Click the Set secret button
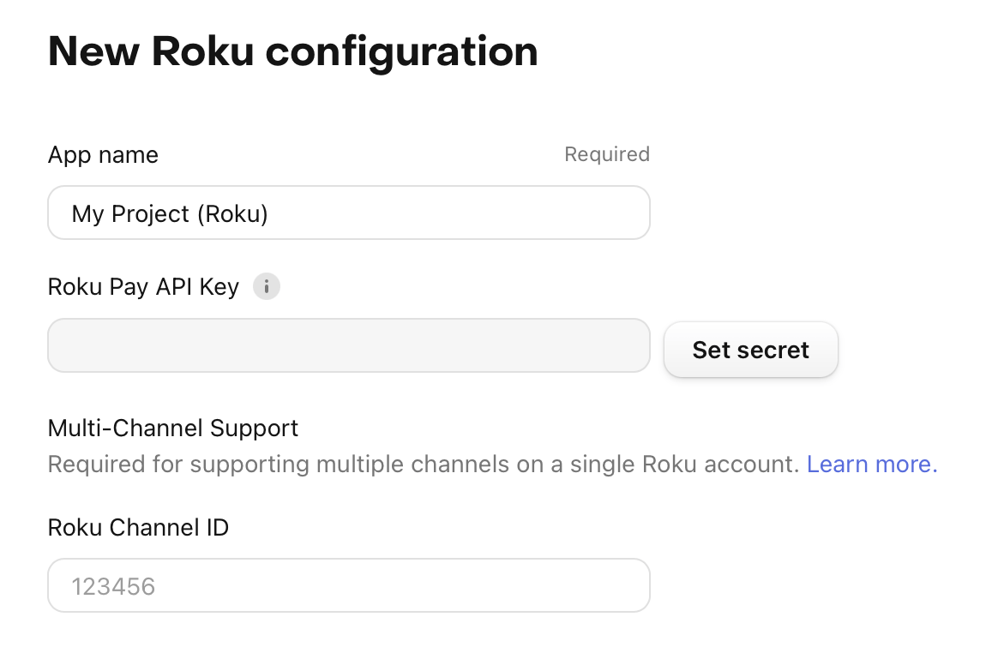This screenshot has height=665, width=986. [751, 350]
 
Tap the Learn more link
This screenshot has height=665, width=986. [872, 464]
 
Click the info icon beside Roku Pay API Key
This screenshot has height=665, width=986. [267, 286]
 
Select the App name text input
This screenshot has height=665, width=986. [349, 213]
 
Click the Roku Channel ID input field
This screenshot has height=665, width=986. [349, 585]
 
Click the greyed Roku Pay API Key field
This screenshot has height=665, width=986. [349, 345]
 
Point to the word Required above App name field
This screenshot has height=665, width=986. [607, 154]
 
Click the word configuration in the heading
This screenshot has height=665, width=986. [402, 52]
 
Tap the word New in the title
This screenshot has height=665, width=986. [93, 51]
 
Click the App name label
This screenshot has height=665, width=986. [103, 155]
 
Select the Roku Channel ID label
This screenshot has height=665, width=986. [138, 527]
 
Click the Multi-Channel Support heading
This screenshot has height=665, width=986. [173, 428]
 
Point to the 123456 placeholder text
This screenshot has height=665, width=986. [113, 586]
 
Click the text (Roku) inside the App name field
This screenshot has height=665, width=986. [232, 214]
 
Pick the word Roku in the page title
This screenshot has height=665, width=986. [202, 51]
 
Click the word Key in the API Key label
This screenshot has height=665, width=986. [219, 287]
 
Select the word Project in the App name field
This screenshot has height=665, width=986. [150, 214]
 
